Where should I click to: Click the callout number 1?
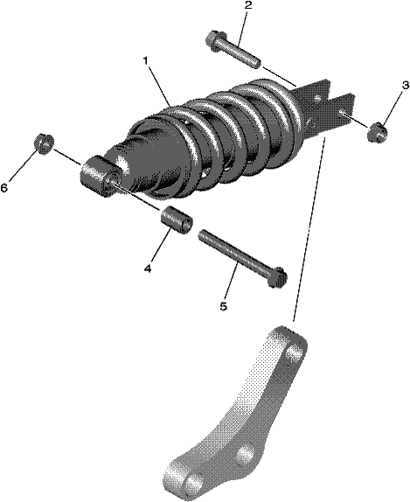[146, 60]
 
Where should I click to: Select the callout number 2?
[248, 5]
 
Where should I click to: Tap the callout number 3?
[406, 86]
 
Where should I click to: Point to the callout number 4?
[148, 268]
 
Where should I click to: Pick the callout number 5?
[224, 306]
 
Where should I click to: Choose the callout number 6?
[3, 188]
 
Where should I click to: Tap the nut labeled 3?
[378, 133]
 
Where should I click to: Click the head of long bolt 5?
[277, 277]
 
